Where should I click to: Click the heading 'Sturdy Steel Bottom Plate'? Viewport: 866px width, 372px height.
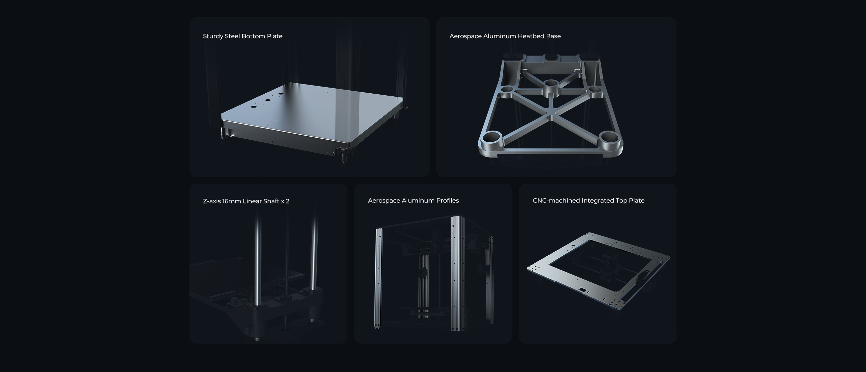tap(243, 36)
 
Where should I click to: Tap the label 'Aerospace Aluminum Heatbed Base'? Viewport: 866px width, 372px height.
tap(505, 36)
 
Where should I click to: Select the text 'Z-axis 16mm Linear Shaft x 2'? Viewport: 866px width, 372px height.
tap(246, 201)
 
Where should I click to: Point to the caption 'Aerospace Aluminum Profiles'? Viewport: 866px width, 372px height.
tap(413, 201)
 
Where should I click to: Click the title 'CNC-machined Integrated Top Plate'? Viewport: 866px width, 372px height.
tap(589, 201)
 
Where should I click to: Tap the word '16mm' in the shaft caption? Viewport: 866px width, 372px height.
tap(232, 201)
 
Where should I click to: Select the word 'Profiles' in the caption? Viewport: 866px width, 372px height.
tap(448, 201)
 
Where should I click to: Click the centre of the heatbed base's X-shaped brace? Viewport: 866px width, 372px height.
tap(552, 116)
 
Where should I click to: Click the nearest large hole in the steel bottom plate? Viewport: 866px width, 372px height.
tap(253, 107)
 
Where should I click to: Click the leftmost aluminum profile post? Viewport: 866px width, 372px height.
tap(379, 279)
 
